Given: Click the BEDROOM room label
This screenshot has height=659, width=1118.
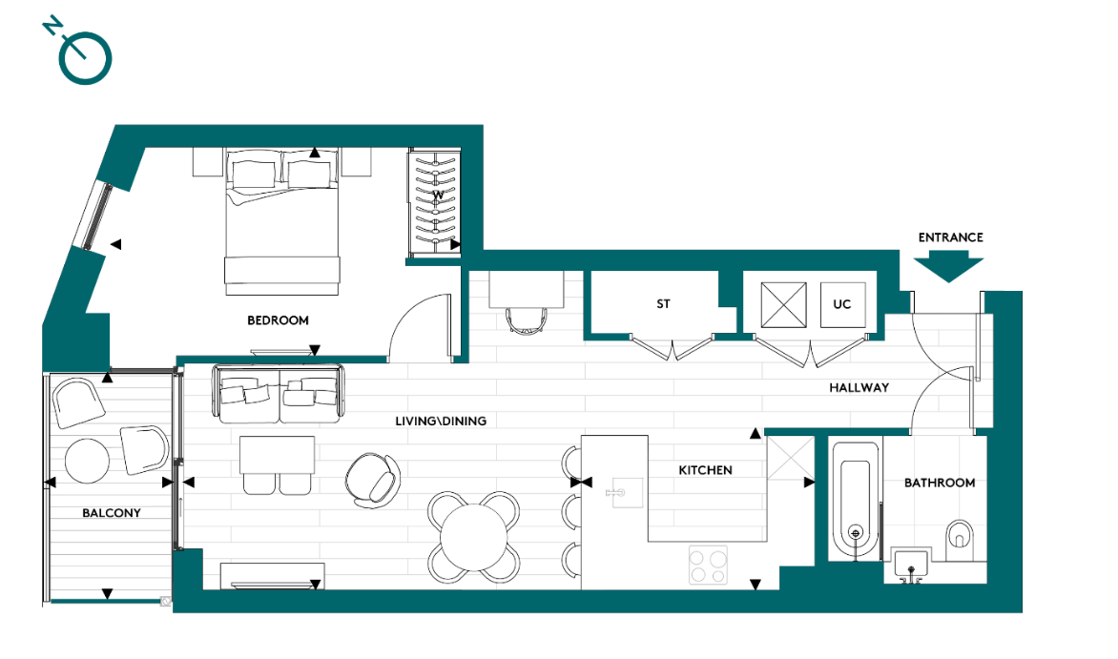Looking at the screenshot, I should tap(278, 320).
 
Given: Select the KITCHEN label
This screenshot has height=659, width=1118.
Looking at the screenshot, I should tap(705, 470).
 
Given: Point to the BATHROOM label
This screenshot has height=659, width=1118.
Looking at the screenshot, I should tap(939, 483).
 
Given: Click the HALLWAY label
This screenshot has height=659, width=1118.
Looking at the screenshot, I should tap(859, 387).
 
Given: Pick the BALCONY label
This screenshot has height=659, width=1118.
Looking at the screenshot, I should tap(111, 512).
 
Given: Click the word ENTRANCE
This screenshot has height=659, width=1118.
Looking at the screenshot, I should tap(950, 237).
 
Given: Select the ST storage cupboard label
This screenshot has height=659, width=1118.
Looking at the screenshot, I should tap(663, 304).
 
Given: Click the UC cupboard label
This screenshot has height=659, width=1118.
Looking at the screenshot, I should tap(841, 304).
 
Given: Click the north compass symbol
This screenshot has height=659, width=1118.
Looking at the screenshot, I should tap(83, 56).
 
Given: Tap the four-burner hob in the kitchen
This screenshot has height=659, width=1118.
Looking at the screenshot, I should tap(707, 564).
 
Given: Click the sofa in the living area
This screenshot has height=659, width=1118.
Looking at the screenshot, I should tap(278, 394).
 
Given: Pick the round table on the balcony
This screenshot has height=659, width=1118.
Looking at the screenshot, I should tap(86, 460).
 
